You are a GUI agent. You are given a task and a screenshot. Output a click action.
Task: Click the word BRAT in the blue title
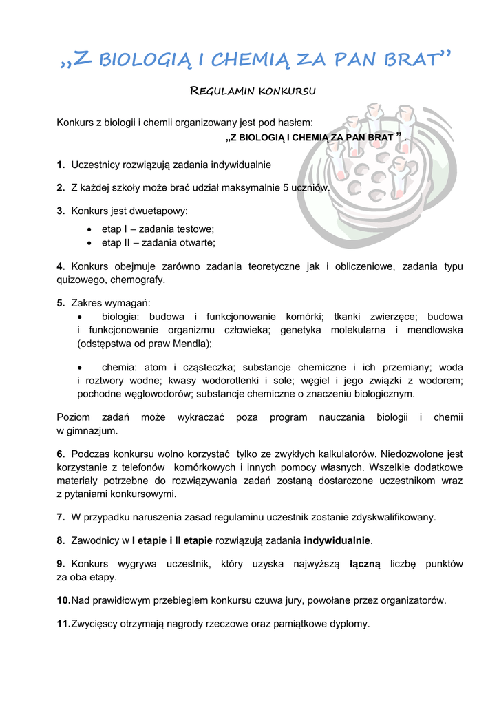[x=412, y=61]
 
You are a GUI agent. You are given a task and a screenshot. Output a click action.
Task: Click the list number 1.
[x=61, y=165]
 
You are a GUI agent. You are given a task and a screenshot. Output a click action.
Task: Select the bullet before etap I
[x=91, y=229]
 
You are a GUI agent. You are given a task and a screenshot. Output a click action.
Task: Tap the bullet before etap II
[x=91, y=243]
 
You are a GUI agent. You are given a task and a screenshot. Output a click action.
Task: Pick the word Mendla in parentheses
[x=192, y=343]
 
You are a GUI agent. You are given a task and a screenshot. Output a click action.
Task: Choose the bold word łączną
[x=365, y=564]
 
